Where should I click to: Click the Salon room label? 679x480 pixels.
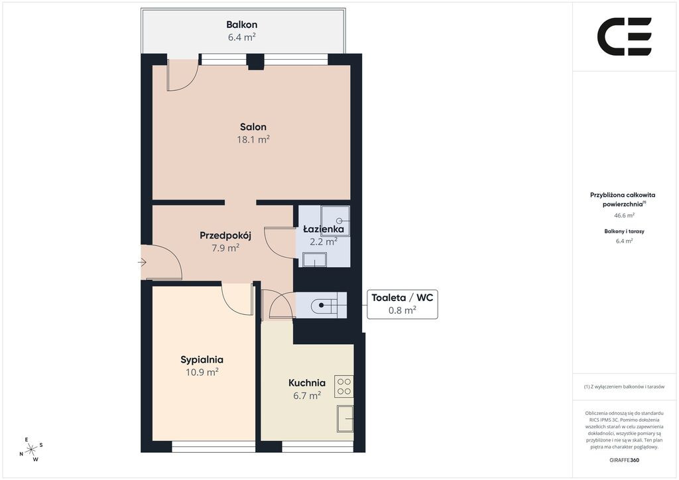pos(253,127)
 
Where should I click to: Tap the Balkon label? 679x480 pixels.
pos(241,25)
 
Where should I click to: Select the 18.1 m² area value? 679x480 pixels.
pos(253,139)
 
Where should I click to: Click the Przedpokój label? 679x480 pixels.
pos(225,235)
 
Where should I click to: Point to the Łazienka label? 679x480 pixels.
pos(324,229)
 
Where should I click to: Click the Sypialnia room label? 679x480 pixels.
pos(202,360)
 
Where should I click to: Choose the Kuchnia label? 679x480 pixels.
pos(307,383)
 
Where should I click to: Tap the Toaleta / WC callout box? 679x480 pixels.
pos(402,304)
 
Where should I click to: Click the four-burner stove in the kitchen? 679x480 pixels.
pos(344,387)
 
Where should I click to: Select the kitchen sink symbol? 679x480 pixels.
pos(345,418)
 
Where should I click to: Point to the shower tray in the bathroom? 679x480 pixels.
pos(335,221)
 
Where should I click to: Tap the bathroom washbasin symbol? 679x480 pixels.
pos(314,260)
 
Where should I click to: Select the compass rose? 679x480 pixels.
pos(31,450)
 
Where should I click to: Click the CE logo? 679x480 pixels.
pos(625,36)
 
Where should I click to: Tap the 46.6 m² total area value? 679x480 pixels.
pos(625,215)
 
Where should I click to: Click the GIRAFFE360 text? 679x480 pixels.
pos(624,460)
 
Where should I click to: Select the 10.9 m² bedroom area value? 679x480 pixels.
pos(202,372)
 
